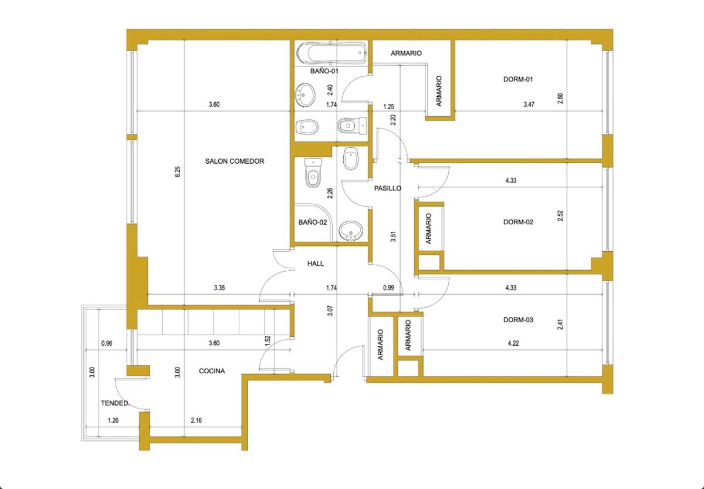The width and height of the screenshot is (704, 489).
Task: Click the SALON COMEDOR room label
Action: [x=235, y=161]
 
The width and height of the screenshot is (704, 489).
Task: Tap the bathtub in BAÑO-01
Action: [x=332, y=53]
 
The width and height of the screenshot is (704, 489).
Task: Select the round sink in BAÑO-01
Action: [x=305, y=95]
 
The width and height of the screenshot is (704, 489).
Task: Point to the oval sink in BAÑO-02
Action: [x=351, y=231]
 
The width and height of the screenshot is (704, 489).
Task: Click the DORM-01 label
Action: [x=518, y=79]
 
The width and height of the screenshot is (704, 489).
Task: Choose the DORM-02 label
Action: [x=518, y=222]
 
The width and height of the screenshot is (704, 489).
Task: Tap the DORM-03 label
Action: [x=518, y=320]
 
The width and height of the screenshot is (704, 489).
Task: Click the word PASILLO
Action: [x=388, y=188]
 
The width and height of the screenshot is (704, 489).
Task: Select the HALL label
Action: [x=316, y=264]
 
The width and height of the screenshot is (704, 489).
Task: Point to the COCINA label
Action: [x=212, y=371]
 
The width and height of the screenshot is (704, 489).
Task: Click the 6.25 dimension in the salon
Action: [x=178, y=171]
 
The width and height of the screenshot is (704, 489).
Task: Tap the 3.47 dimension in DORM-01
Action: [x=529, y=104]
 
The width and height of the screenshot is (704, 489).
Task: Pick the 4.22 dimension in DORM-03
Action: [x=513, y=343]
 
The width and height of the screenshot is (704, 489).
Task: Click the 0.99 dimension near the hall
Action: [x=388, y=288]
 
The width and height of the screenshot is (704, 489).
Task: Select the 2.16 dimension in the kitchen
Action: [x=197, y=420]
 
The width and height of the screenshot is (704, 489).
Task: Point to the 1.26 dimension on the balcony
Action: [x=113, y=420]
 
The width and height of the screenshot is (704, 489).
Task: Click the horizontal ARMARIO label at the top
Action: [x=406, y=53]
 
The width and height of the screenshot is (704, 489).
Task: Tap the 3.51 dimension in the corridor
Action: [x=393, y=236]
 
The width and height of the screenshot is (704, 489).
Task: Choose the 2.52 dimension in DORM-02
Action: [x=560, y=215]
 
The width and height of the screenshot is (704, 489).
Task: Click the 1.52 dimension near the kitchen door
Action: [x=268, y=341]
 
